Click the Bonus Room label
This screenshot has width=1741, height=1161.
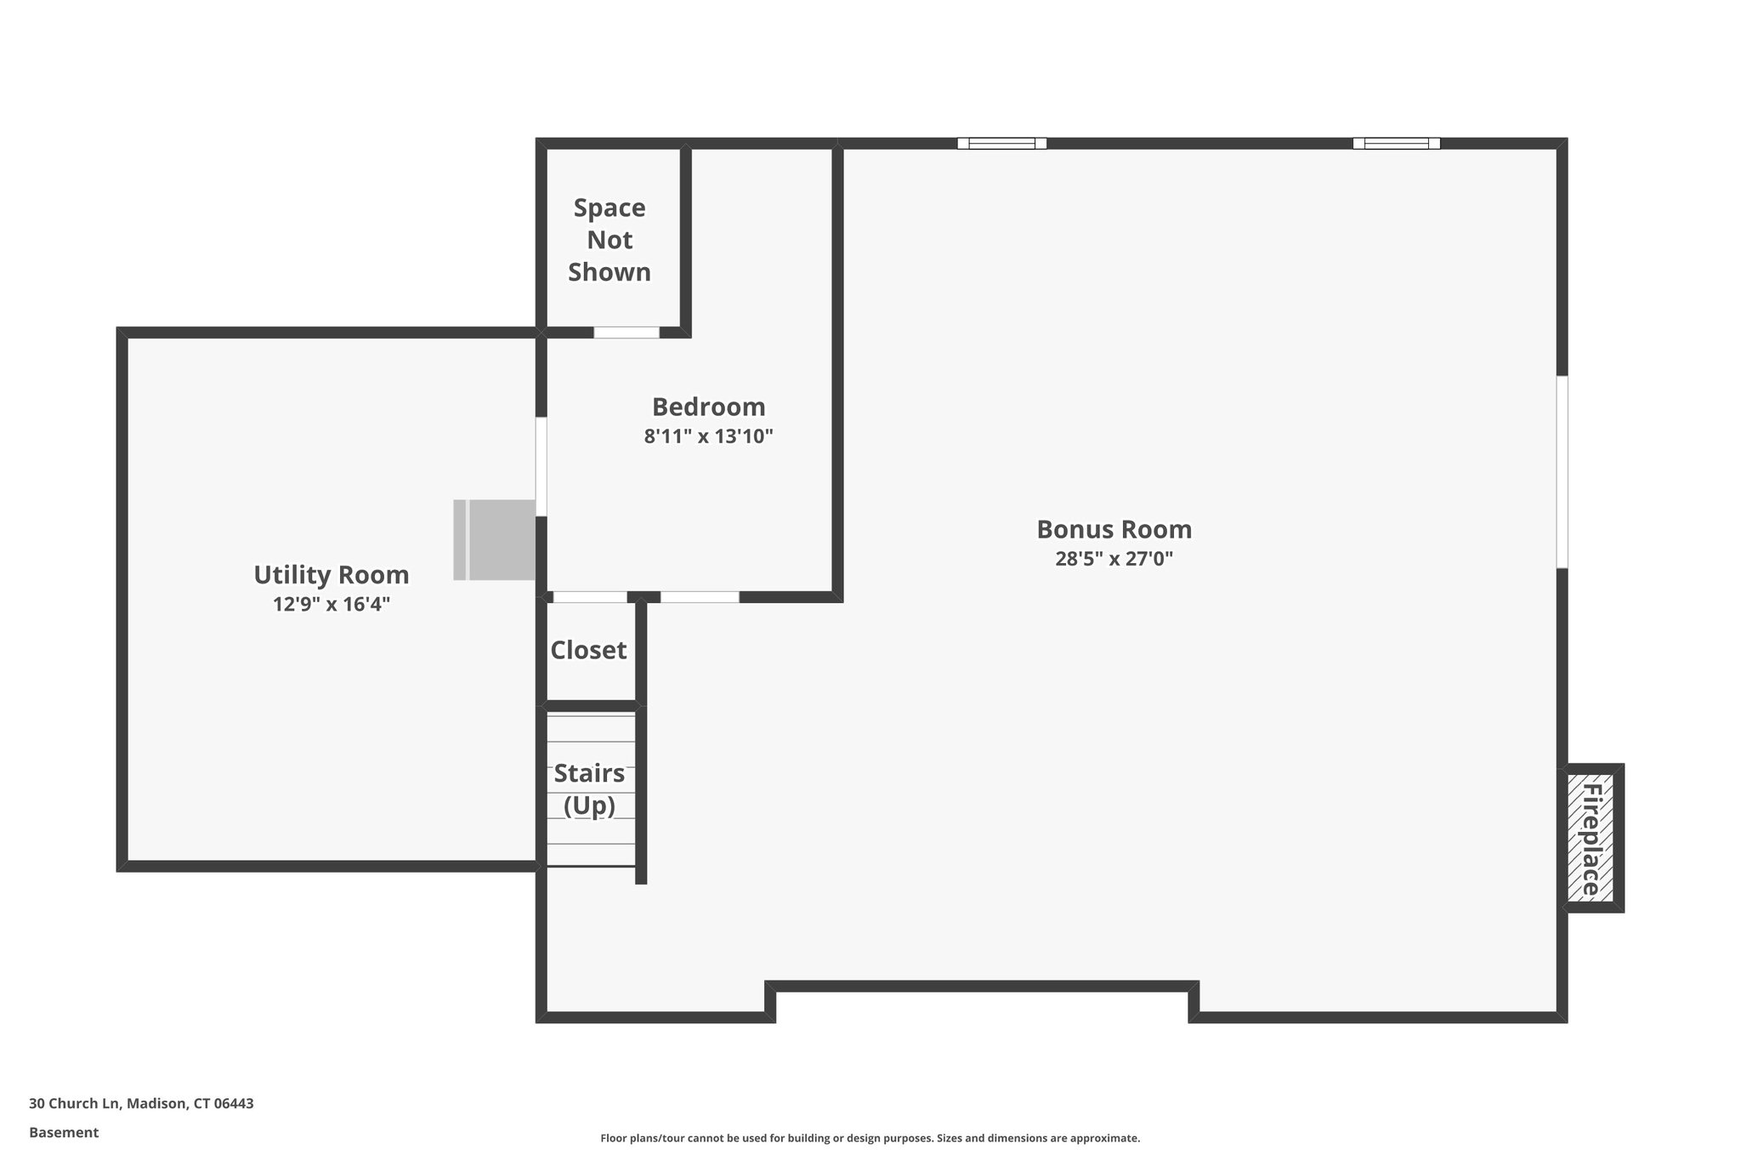(x=1114, y=530)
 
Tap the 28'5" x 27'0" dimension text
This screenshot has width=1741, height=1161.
(x=1114, y=560)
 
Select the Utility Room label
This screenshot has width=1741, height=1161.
(x=332, y=575)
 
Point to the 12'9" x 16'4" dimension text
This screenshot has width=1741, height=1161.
(x=332, y=605)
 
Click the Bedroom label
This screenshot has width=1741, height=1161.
(x=708, y=407)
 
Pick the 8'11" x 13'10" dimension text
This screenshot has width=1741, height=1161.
(x=708, y=437)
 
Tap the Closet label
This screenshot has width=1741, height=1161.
(x=588, y=651)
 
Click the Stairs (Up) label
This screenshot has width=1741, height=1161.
(x=589, y=788)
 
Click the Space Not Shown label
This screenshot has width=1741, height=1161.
(x=610, y=240)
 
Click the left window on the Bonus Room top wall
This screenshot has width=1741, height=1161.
(x=1001, y=144)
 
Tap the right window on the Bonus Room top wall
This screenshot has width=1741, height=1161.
(x=1396, y=144)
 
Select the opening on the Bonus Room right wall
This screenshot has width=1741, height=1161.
(x=1562, y=472)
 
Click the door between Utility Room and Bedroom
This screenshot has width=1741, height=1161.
(x=541, y=465)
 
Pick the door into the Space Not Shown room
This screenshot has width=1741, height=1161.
(x=627, y=333)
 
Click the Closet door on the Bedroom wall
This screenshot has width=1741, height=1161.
(x=589, y=597)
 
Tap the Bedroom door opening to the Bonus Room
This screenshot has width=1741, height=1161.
(x=700, y=597)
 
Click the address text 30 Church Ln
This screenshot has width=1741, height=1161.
(x=141, y=1104)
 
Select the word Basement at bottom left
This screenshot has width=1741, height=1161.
(x=64, y=1133)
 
